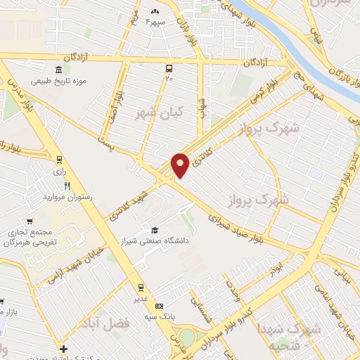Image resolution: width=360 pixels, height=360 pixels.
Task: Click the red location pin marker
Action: click(180, 165)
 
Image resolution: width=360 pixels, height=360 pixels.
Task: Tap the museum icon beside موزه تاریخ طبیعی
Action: click(58, 70)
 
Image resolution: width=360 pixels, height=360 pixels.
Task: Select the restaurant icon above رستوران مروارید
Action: click(67, 186)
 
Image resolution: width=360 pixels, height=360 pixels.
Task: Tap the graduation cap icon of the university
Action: click(154, 231)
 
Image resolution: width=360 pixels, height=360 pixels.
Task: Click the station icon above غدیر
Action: click(141, 287)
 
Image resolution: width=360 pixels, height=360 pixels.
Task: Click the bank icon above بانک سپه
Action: click(160, 307)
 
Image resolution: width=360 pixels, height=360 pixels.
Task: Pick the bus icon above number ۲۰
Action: click(169, 68)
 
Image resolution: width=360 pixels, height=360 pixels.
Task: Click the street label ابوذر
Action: click(280, 266)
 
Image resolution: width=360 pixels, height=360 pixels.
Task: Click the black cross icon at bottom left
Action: click(64, 348)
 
